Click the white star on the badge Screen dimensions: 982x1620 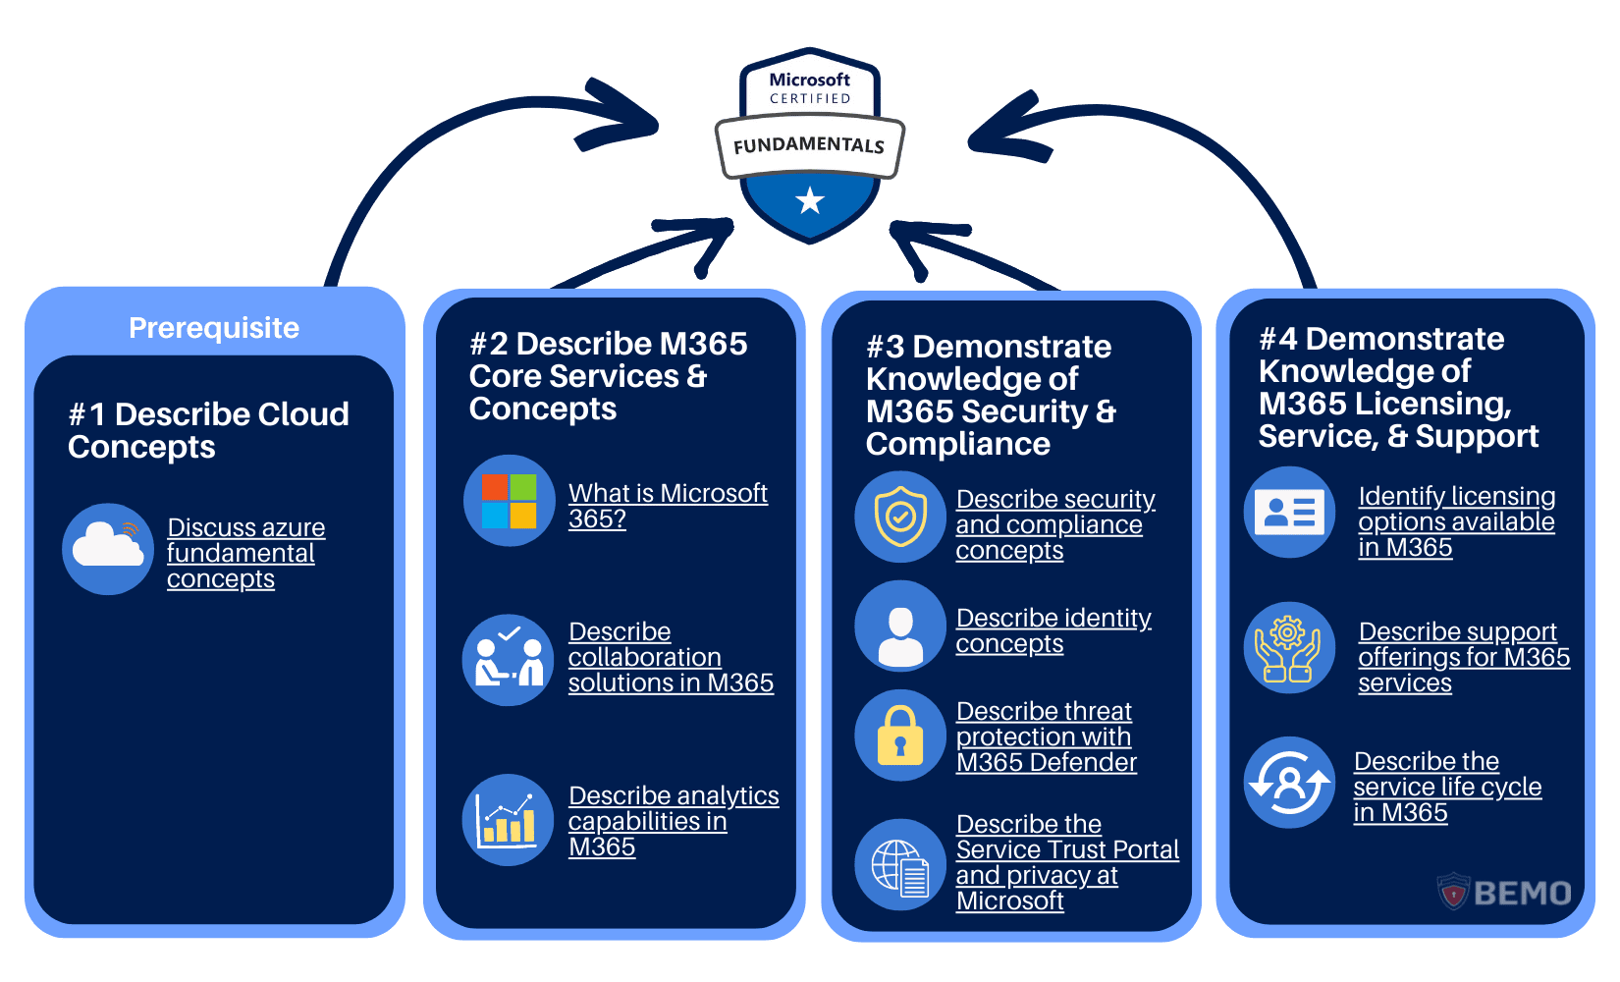coord(809,200)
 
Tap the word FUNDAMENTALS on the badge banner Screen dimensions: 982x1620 coord(808,145)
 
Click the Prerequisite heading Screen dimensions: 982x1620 coord(214,328)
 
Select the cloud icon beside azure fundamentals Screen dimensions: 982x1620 coord(108,549)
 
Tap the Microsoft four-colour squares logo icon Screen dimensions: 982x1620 coord(509,501)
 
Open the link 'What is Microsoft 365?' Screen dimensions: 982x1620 coord(667,505)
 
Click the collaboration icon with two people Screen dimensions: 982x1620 coord(509,660)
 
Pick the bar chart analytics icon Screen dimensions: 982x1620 coord(509,820)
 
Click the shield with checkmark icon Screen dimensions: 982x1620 coord(900,517)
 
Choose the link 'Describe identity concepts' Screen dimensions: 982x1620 coord(1053,630)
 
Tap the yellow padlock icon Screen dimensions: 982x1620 coord(900,736)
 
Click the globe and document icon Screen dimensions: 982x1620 coord(900,865)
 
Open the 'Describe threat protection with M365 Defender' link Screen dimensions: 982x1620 coord(1046,736)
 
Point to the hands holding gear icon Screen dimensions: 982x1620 coord(1289,648)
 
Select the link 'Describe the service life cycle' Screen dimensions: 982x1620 coord(1446,787)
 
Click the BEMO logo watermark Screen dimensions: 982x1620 coord(1505,893)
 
